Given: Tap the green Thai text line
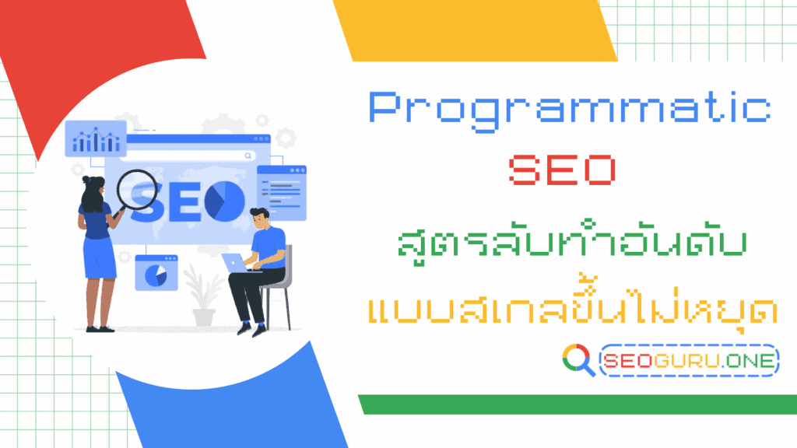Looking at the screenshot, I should click(x=570, y=243).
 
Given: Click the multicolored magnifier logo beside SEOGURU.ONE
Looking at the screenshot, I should click(x=578, y=360).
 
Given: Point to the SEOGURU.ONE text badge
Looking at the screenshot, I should click(x=690, y=360).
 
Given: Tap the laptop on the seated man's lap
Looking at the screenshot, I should click(x=237, y=264).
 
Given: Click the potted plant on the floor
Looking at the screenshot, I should click(x=202, y=299).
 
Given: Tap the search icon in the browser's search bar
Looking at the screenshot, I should click(x=248, y=156).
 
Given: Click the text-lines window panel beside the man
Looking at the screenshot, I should click(x=281, y=191).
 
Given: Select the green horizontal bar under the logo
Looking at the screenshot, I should click(x=576, y=404).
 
